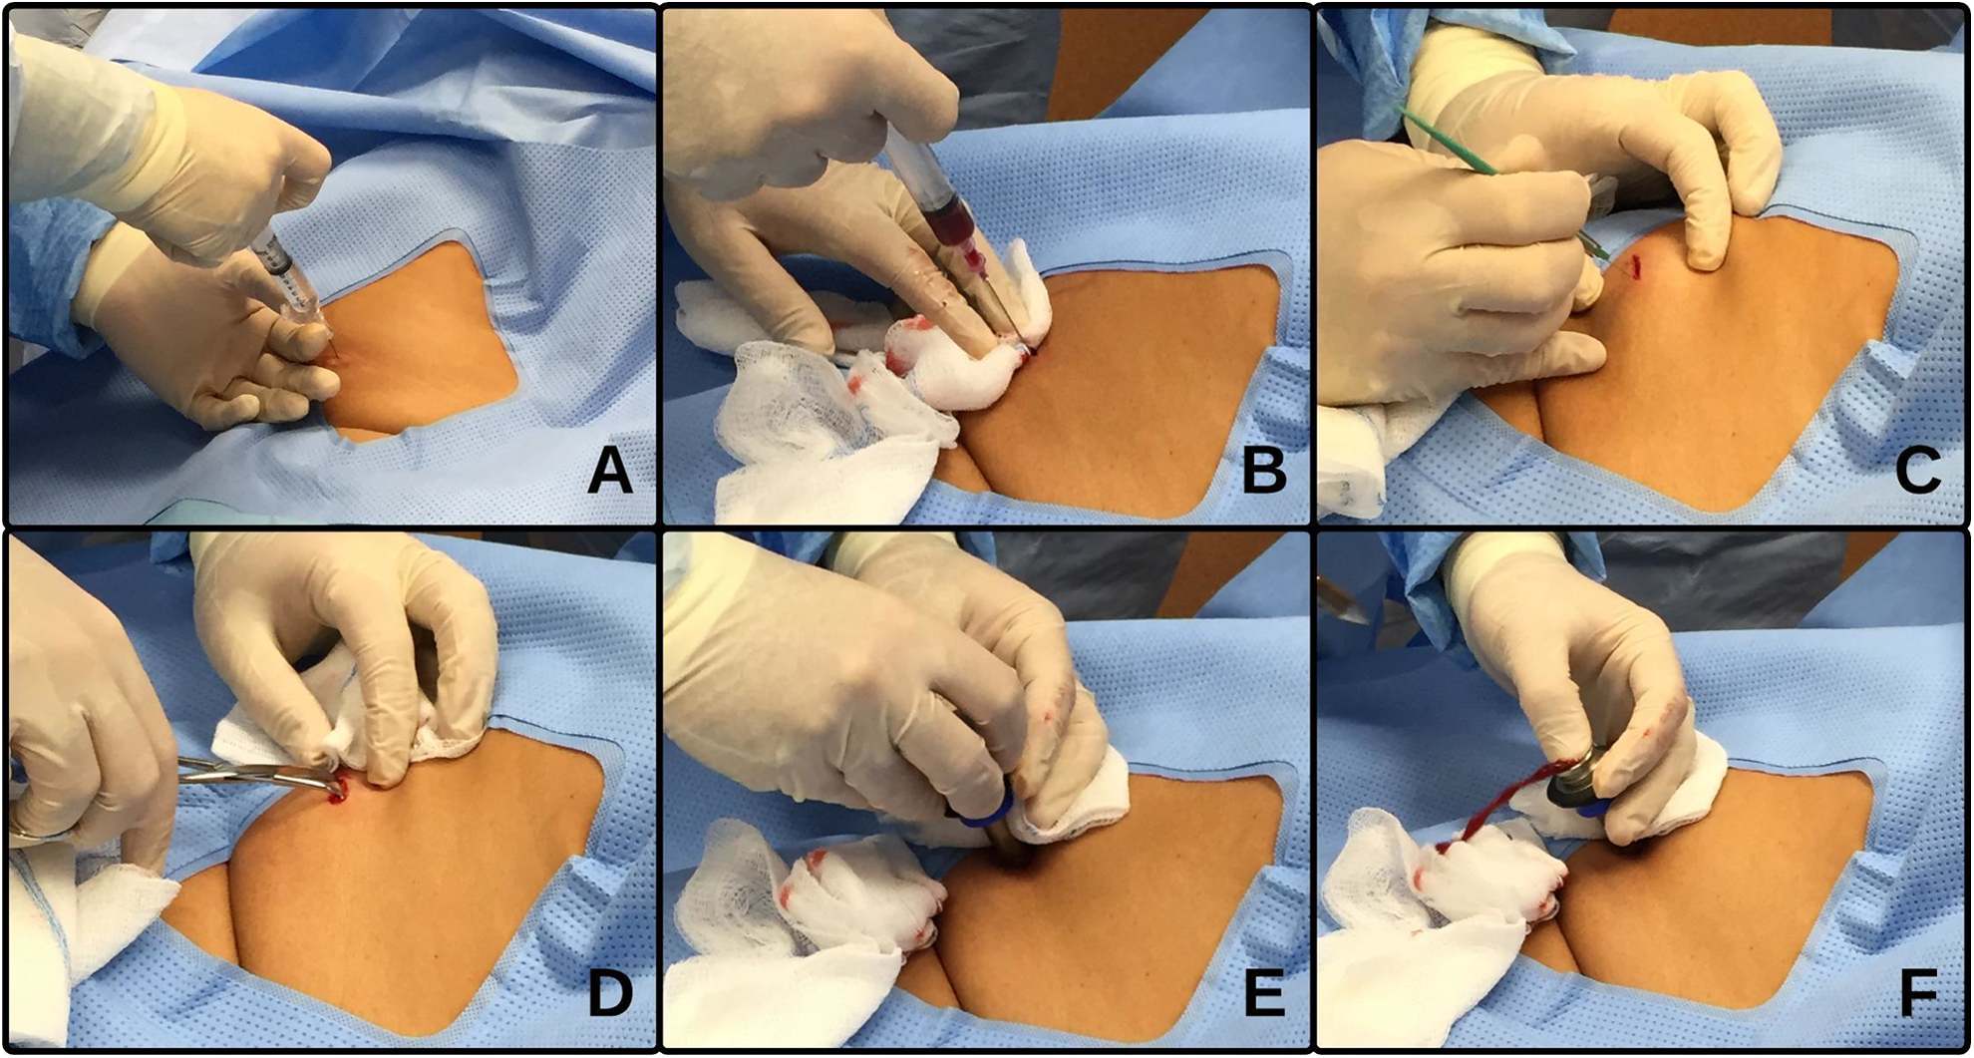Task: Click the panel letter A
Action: [x=610, y=471]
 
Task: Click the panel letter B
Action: [x=1264, y=471]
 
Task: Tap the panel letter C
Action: [x=1918, y=471]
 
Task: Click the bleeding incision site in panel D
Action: [x=339, y=790]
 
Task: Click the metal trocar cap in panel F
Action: [x=1580, y=784]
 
